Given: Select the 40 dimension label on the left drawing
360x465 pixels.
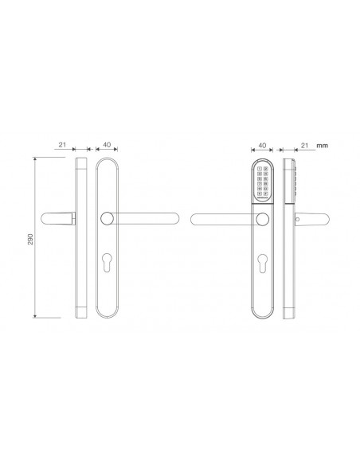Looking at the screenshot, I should tap(107, 146).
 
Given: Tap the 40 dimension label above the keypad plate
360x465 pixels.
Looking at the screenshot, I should tap(262, 146).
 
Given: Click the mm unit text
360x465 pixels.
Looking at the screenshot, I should tap(323, 147).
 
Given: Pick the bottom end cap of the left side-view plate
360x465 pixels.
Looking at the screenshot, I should tap(80, 311).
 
